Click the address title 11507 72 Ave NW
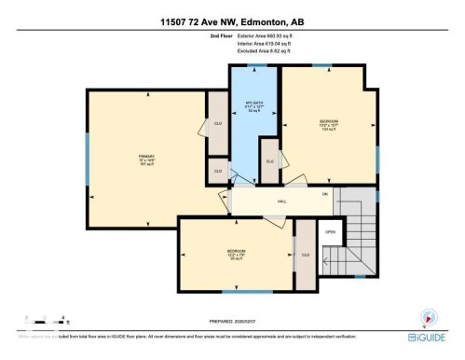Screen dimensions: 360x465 [x=232, y=9]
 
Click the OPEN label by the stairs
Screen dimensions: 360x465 [x=330, y=232]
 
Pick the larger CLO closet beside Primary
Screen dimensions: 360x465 [x=217, y=124]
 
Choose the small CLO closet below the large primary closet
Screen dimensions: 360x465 [x=217, y=171]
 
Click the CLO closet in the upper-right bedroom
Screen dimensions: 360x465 [x=269, y=161]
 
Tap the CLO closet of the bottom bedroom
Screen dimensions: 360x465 [x=305, y=254]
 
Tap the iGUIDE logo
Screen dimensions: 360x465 [x=430, y=336]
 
